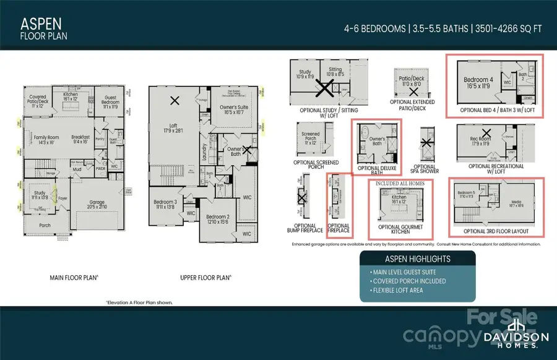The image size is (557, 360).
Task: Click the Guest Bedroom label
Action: pyautogui.click(x=112, y=100)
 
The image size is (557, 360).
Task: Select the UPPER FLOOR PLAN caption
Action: pyautogui.click(x=206, y=278)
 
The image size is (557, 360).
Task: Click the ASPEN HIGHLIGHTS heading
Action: pyautogui.click(x=418, y=259)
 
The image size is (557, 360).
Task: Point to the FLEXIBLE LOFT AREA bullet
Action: pyautogui.click(x=397, y=290)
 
